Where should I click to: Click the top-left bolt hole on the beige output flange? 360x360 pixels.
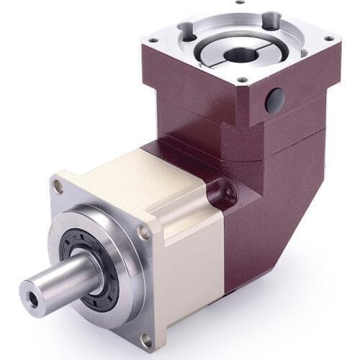pyautogui.click(x=58, y=186)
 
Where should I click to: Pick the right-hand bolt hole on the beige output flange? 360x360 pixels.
pyautogui.click(x=144, y=232)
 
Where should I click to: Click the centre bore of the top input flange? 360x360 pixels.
pyautogui.click(x=237, y=55)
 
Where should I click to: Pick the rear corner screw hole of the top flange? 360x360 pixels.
pyautogui.click(x=240, y=2)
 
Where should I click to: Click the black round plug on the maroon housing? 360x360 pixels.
pyautogui.click(x=274, y=99)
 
